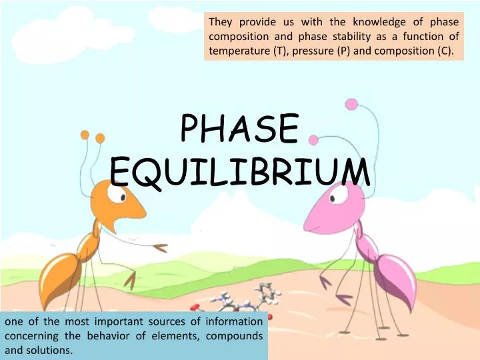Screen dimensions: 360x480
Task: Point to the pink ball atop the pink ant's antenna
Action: (x=351, y=104)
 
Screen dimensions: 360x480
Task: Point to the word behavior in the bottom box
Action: (x=103, y=336)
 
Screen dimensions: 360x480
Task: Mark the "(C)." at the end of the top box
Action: (x=447, y=49)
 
